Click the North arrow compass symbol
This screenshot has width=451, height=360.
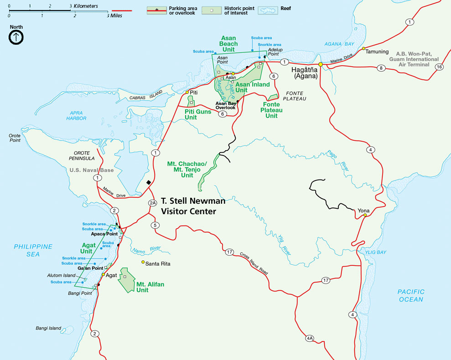point(16,37)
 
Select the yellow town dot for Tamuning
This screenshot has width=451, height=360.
point(363,48)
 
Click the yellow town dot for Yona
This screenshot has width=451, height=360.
point(365,215)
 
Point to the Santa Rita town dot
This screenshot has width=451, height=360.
point(143,262)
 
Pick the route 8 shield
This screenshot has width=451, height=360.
point(382,68)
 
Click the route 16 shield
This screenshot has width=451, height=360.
point(439,67)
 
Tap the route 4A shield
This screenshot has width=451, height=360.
point(310,338)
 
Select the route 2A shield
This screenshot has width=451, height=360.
point(153,203)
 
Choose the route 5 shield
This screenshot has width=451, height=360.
point(155,225)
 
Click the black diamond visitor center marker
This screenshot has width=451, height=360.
point(149,183)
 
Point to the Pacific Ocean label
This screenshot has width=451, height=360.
point(410,295)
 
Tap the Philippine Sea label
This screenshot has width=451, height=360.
point(33,250)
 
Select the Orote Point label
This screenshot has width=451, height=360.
point(15,138)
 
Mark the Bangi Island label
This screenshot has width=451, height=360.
point(48,328)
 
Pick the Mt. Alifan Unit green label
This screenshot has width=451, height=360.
point(150,287)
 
